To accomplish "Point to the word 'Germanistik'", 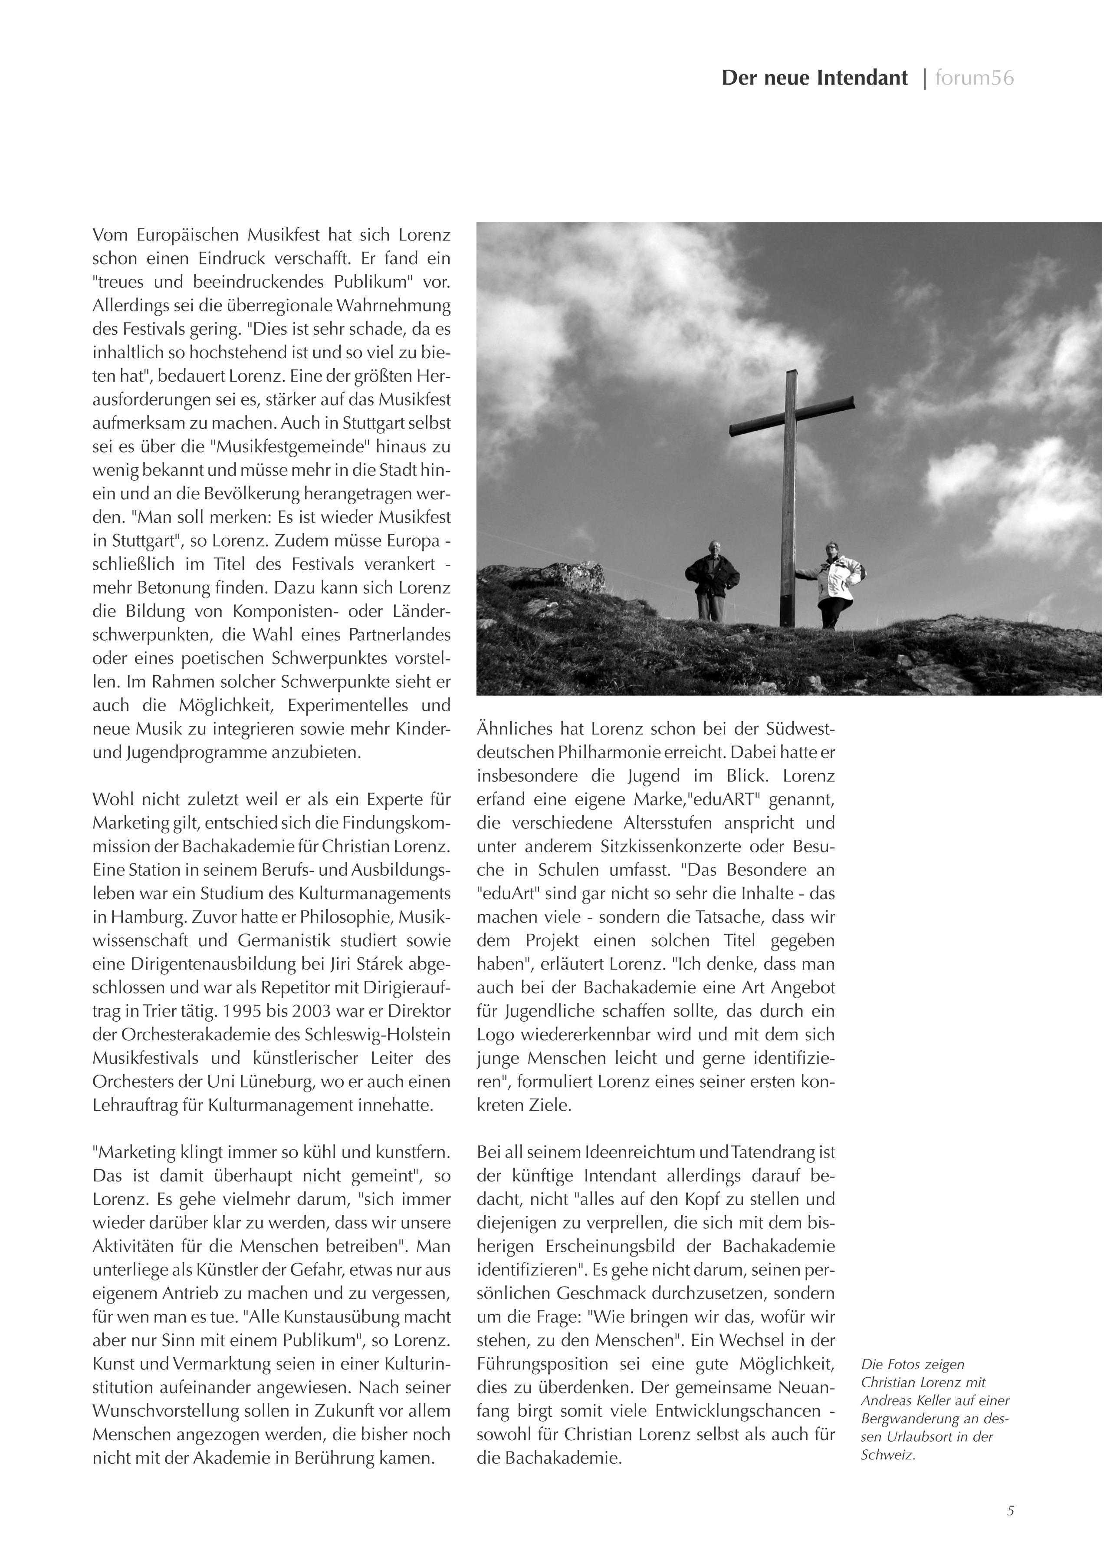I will pyautogui.click(x=283, y=941).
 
